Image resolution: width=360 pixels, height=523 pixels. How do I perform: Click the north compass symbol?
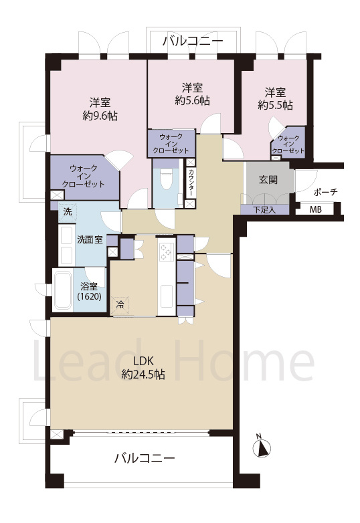262,447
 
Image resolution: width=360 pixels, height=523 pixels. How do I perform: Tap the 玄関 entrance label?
268,180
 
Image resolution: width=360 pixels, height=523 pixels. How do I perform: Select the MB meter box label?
316,210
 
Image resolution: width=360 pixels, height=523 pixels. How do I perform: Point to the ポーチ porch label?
326,192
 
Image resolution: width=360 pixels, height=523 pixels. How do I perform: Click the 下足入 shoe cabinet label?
264,210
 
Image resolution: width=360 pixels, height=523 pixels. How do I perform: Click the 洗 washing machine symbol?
68,212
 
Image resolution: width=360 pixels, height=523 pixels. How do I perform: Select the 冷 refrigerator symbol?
120,305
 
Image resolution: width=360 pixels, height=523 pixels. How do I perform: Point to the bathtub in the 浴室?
63,290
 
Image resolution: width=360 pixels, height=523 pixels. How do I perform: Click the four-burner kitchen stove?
167,252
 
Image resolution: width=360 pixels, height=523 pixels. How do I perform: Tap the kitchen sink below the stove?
167,296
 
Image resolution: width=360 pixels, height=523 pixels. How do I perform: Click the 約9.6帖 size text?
100,116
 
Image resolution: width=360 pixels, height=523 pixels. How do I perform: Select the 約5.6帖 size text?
193,101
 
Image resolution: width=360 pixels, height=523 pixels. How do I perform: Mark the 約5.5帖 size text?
275,106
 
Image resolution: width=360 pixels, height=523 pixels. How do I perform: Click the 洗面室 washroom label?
90,239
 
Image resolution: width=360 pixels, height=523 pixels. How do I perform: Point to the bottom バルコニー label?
145,458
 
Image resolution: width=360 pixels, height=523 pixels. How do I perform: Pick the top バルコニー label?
193,41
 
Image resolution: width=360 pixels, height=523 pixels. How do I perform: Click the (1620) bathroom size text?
90,296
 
